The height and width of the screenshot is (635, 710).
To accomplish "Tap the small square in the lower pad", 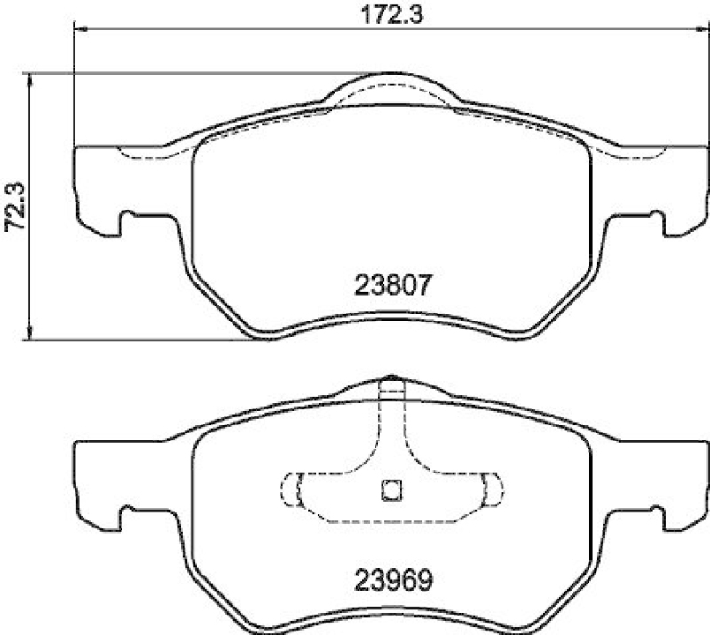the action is (x=390, y=488).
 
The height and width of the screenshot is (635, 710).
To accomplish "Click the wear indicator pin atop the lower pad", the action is (x=390, y=389).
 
